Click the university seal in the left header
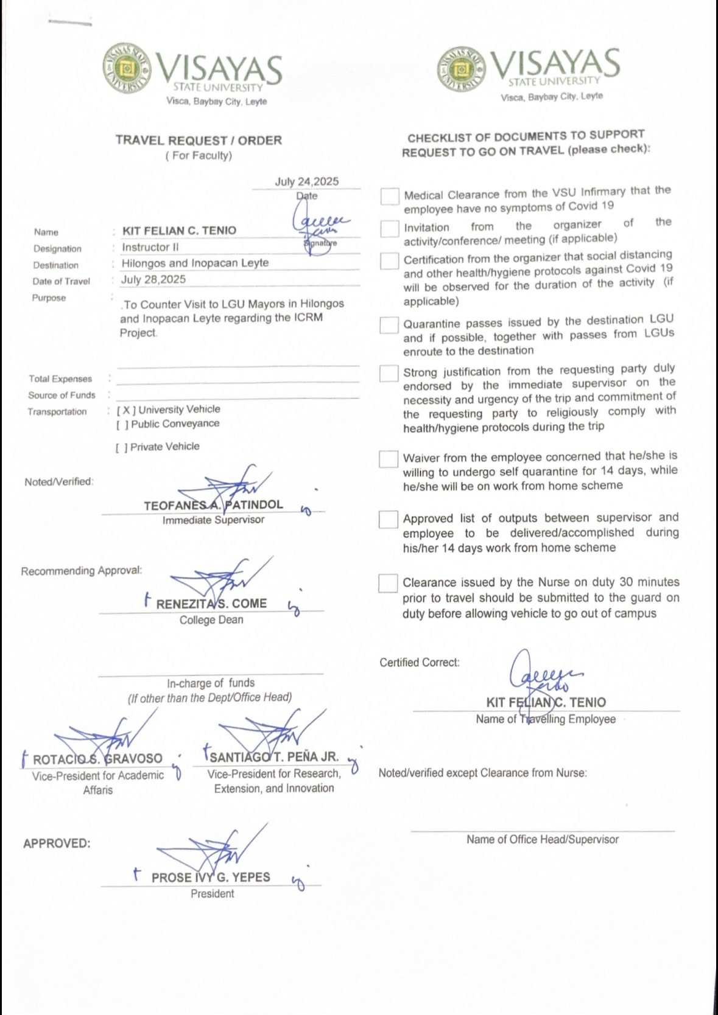pyautogui.click(x=127, y=68)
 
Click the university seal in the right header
pyautogui.click(x=461, y=68)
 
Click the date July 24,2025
pyautogui.click(x=306, y=181)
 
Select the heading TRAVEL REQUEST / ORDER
pyautogui.click(x=199, y=141)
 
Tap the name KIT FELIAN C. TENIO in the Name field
pyautogui.click(x=179, y=231)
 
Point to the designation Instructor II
pyautogui.click(x=150, y=247)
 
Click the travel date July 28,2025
pyautogui.click(x=153, y=279)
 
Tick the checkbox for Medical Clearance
pyautogui.click(x=390, y=197)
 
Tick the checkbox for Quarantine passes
pyautogui.click(x=389, y=326)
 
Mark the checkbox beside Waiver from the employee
pyautogui.click(x=389, y=459)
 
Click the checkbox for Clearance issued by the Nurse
pyautogui.click(x=388, y=583)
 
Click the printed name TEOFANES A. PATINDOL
pyautogui.click(x=213, y=505)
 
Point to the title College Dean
pyautogui.click(x=211, y=620)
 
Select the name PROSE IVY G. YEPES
pyautogui.click(x=211, y=877)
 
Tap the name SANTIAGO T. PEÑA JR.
pyautogui.click(x=274, y=757)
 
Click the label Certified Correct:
pyautogui.click(x=420, y=662)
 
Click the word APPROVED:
pyautogui.click(x=57, y=843)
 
